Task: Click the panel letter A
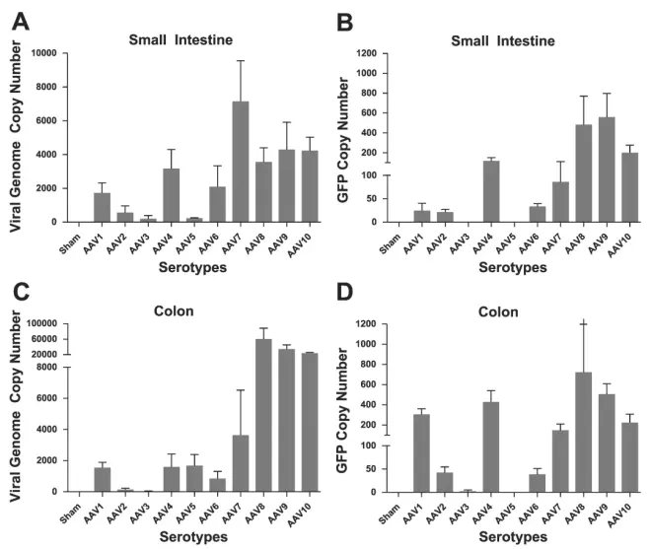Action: tap(18, 21)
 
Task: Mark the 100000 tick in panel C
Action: tap(44, 323)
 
